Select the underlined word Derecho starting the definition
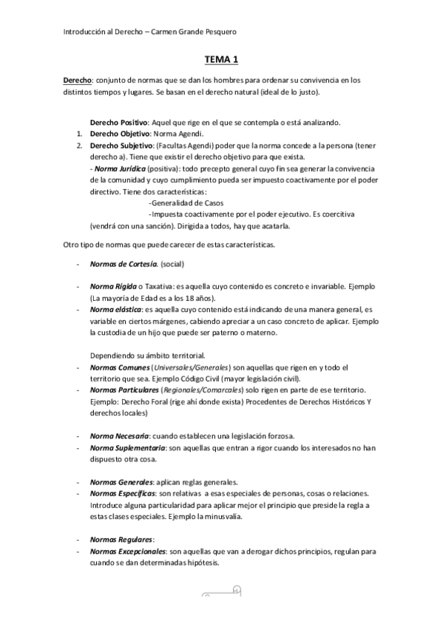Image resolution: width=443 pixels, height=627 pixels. tap(76, 80)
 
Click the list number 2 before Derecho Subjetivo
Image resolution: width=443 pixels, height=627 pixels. tap(79, 146)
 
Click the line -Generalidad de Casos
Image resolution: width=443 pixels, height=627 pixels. tap(186, 203)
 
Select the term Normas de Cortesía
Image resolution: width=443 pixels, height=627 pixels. tap(124, 264)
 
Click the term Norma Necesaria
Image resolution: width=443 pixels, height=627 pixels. tap(121, 435)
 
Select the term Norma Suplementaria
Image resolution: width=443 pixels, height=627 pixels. tap(127, 447)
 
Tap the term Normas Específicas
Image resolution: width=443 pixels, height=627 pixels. tap(123, 493)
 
